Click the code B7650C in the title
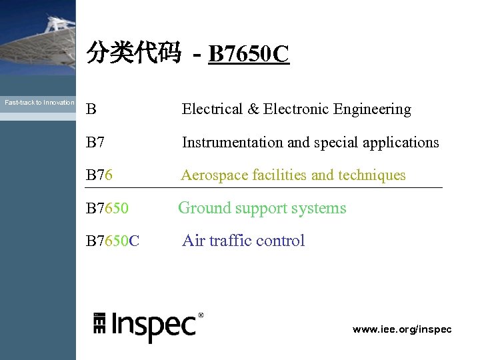(x=249, y=54)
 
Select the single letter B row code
(x=91, y=109)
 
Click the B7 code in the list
(x=95, y=142)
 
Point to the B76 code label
(x=99, y=175)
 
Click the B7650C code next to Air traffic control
(x=113, y=241)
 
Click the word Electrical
(x=212, y=109)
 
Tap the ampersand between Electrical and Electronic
(x=253, y=109)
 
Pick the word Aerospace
(x=211, y=175)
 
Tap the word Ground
(x=201, y=208)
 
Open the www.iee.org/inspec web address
(x=402, y=329)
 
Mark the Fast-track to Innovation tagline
(x=39, y=103)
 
